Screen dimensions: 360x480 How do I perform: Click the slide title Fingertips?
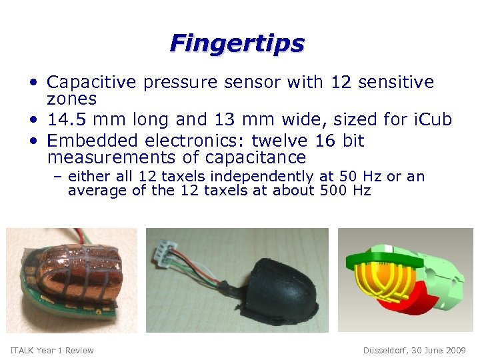pyautogui.click(x=237, y=43)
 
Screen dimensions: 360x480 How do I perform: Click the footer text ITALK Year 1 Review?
pyautogui.click(x=52, y=351)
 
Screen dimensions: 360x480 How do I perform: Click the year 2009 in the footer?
pyautogui.click(x=457, y=351)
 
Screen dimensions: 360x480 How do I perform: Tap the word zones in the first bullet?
pyautogui.click(x=72, y=99)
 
